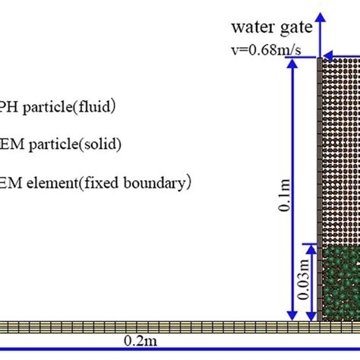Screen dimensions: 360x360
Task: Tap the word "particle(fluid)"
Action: pos(68,107)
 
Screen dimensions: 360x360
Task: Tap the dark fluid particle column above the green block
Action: pos(341,152)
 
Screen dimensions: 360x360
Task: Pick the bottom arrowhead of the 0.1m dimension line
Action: pos(290,317)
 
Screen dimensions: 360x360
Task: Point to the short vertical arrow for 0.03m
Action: pos(311,281)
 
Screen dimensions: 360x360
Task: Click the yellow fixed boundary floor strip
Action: pos(152,326)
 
